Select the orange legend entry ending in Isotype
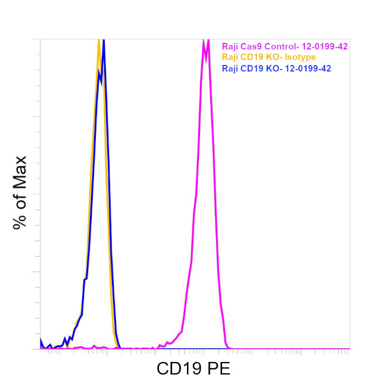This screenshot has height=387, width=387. coord(269,57)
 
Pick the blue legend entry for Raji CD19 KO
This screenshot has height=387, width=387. coord(276,68)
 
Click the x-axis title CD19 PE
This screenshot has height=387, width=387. coord(193,369)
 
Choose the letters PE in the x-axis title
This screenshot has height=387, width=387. coord(218,369)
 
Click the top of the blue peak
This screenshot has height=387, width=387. coord(104,41)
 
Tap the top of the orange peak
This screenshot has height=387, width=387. coord(99,41)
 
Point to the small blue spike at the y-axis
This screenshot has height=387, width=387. coord(41,341)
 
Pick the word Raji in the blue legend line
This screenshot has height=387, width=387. coord(230,68)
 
